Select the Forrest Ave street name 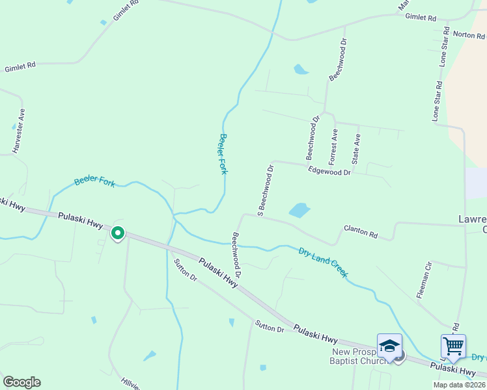point(333,146)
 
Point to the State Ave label point(356,149)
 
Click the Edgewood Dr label point(329,171)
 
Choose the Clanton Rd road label point(361,231)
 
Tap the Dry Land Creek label point(323,261)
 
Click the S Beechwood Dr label point(265,190)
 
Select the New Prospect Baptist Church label point(359,356)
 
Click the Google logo point(21,382)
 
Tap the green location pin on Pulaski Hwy point(118,232)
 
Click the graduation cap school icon point(389,345)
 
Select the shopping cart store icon point(453,345)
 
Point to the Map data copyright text point(459,385)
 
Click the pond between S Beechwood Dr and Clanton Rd point(299,210)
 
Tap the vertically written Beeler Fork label point(223,153)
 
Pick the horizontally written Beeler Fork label point(94,181)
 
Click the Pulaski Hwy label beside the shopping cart point(452,369)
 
